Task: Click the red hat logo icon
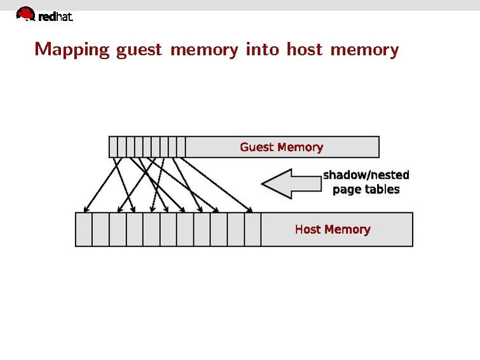tap(25, 13)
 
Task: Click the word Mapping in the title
tap(72, 50)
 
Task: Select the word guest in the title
tap(139, 50)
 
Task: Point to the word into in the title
tap(262, 49)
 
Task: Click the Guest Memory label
tap(282, 148)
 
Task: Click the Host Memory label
tap(333, 230)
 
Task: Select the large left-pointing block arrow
tap(291, 183)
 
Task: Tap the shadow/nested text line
tap(366, 175)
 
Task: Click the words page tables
tap(366, 190)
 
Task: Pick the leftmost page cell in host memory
tap(84, 230)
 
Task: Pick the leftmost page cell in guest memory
tap(114, 147)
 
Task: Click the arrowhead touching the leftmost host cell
tap(86, 209)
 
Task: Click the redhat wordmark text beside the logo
tap(56, 17)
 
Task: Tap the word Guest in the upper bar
tap(256, 148)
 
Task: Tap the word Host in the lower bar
tap(308, 230)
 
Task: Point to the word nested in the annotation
tap(390, 175)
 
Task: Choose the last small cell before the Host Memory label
tap(252, 230)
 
